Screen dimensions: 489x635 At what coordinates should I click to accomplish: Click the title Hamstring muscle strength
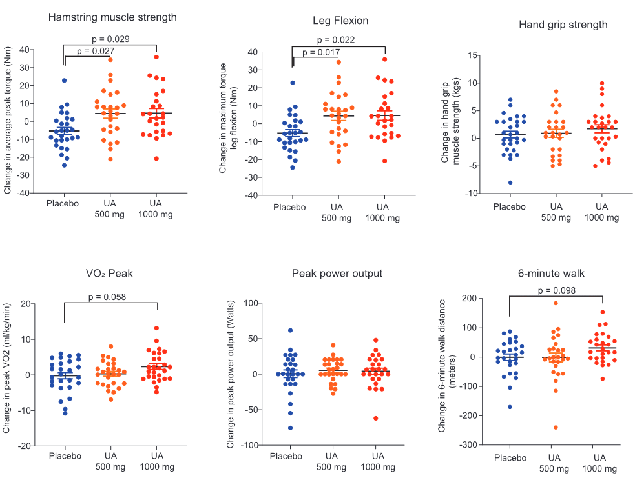tap(112, 17)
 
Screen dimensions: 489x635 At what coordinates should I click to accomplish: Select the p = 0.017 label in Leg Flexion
tap(320, 52)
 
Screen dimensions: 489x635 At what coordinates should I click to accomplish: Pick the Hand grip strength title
tap(563, 25)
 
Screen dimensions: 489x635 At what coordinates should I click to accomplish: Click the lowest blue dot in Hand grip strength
tap(510, 183)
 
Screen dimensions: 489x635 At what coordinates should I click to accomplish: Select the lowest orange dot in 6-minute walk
tap(556, 427)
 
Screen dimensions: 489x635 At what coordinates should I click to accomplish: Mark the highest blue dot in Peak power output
tap(290, 330)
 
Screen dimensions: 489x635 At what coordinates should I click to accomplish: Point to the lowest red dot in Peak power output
tap(375, 418)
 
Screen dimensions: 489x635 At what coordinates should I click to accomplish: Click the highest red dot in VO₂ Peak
tap(156, 328)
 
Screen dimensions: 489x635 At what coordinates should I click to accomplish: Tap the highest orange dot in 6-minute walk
tap(556, 303)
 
